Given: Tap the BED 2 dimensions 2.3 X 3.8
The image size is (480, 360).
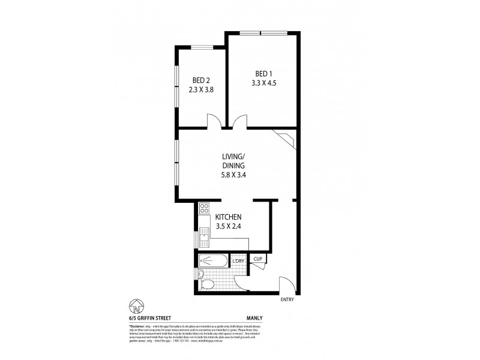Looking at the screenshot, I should tap(202, 89).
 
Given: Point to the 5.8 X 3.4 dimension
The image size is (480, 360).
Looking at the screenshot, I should tap(233, 177).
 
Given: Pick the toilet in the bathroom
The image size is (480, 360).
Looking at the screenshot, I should tap(205, 283).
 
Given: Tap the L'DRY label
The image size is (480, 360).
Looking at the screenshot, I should tap(238, 261).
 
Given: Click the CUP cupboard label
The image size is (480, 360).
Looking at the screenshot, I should tap(258, 259).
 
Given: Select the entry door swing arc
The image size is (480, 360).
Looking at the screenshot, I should tap(286, 283).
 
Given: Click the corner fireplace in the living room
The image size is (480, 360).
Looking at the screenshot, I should tap(287, 139).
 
